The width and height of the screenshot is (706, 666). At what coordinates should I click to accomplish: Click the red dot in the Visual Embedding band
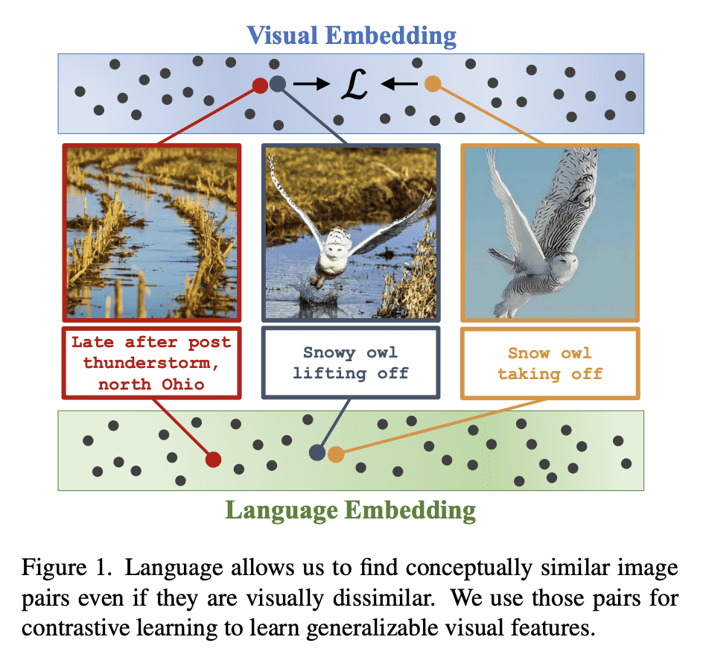click(x=259, y=85)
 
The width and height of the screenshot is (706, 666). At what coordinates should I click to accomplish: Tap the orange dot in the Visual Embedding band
click(x=432, y=85)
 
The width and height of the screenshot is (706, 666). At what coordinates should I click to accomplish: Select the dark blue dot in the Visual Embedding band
click(x=278, y=85)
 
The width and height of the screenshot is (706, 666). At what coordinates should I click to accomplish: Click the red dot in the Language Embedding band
click(x=213, y=459)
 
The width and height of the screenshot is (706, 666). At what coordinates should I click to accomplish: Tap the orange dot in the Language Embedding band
click(x=336, y=454)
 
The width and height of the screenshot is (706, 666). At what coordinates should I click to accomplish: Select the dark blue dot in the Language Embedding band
click(x=317, y=451)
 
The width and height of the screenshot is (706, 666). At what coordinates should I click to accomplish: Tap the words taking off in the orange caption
click(x=550, y=374)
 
